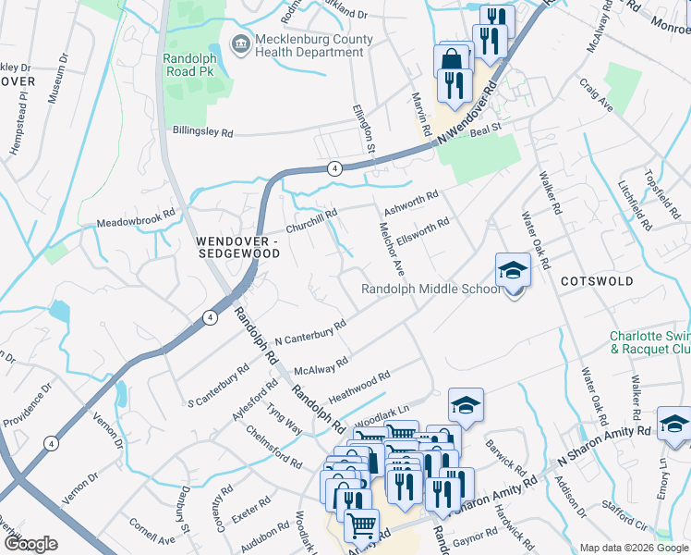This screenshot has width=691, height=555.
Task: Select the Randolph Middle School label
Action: [430, 289]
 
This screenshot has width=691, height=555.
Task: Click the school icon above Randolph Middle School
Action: [514, 270]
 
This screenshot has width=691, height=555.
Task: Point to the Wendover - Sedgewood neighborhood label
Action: [236, 246]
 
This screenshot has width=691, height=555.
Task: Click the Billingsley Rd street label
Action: [202, 131]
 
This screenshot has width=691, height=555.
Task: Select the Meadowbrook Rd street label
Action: [136, 218]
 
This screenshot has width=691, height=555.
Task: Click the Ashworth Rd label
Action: [410, 202]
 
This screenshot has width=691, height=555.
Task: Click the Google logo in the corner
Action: [30, 544]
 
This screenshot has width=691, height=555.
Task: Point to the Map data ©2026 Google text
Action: [634, 548]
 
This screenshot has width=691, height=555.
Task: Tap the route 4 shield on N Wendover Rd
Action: [334, 167]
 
